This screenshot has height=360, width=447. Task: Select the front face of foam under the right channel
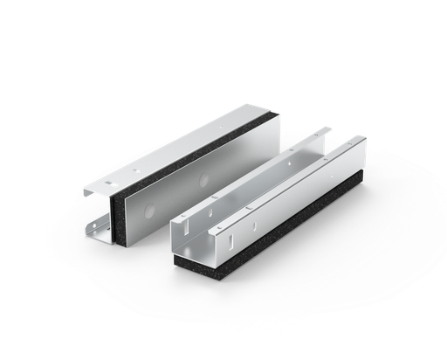193,266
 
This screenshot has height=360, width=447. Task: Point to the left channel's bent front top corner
86,190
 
